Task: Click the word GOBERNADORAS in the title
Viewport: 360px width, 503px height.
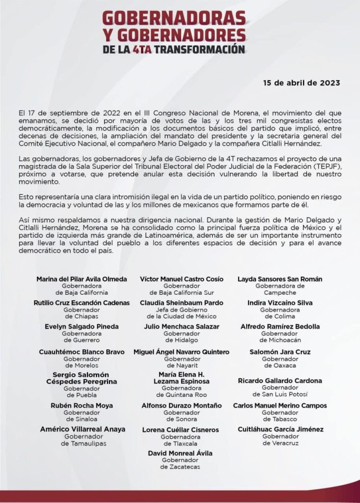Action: pos(173,19)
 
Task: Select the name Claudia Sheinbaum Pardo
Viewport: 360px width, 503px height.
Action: pos(181,303)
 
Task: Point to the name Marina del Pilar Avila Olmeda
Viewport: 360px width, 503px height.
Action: pos(82,279)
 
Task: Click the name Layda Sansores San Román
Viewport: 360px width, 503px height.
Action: pos(280,279)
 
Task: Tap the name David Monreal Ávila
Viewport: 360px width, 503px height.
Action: pos(180,453)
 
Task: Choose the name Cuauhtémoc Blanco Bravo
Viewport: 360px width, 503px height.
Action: pos(82,352)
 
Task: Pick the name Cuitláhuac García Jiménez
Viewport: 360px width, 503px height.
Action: pos(280,429)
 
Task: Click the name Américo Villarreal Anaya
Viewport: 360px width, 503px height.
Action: pos(83,429)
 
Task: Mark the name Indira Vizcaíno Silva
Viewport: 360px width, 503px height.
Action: pos(280,303)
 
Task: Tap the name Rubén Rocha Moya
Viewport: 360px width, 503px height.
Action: pos(82,406)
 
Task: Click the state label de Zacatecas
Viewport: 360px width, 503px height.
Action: pos(180,467)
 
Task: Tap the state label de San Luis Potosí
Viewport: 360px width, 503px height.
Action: pos(280,394)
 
